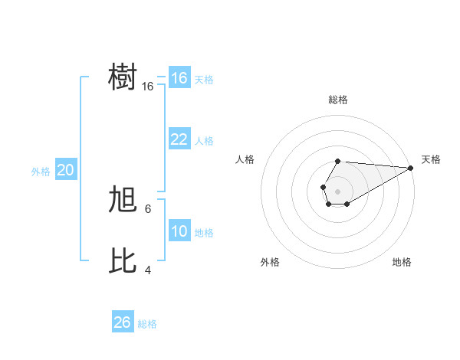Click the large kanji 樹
pos(123,77)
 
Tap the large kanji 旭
pos(123,200)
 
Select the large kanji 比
pos(123,261)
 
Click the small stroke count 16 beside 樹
pos(148,87)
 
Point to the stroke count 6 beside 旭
pos(148,208)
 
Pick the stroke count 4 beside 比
pos(148,270)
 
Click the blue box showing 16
pos(179,78)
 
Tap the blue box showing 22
pos(179,139)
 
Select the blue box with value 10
pos(179,231)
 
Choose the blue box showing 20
pos(65,170)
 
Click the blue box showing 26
pos(122,322)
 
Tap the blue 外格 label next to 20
pos(41,172)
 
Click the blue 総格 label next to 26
pos(147,324)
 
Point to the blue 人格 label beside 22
pos(204,141)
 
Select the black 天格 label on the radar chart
pos(431,159)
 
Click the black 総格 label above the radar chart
pos(337,100)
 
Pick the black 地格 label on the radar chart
pos(402,262)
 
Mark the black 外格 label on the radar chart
pos(270,262)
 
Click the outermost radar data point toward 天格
pos(411,168)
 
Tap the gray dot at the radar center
pos(337,190)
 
